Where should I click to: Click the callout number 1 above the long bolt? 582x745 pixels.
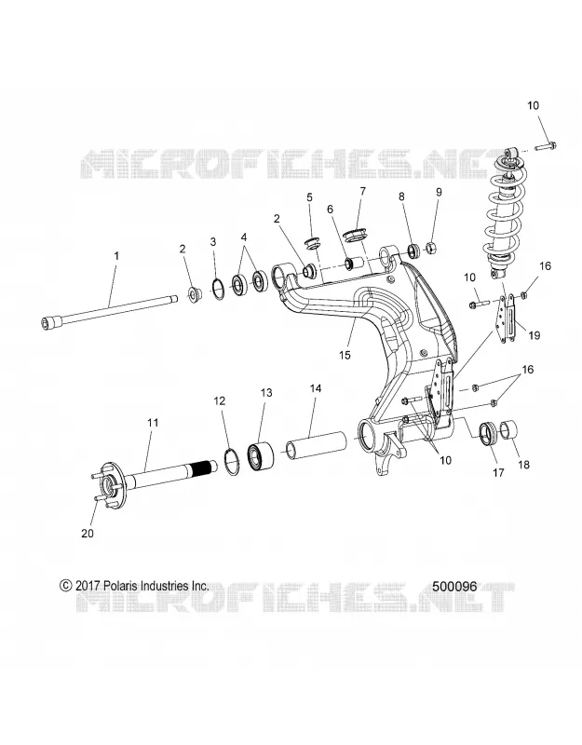(x=116, y=255)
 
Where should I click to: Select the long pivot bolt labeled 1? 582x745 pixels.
(x=107, y=311)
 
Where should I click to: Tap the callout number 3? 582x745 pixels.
(x=213, y=242)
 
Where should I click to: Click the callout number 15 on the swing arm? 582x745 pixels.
(x=345, y=355)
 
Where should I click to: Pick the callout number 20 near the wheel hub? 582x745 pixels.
(x=88, y=533)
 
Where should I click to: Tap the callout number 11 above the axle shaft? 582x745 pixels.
(x=153, y=423)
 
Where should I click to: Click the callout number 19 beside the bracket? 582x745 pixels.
(x=535, y=335)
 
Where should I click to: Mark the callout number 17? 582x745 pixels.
(x=499, y=473)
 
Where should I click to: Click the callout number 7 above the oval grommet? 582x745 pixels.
(x=363, y=192)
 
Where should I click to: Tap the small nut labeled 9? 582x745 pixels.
(x=433, y=248)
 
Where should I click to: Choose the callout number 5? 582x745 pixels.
(x=309, y=196)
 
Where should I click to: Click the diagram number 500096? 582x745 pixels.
(x=454, y=586)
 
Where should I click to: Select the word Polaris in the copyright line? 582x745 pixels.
(x=117, y=586)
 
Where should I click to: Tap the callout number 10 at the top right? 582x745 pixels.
(x=534, y=105)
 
